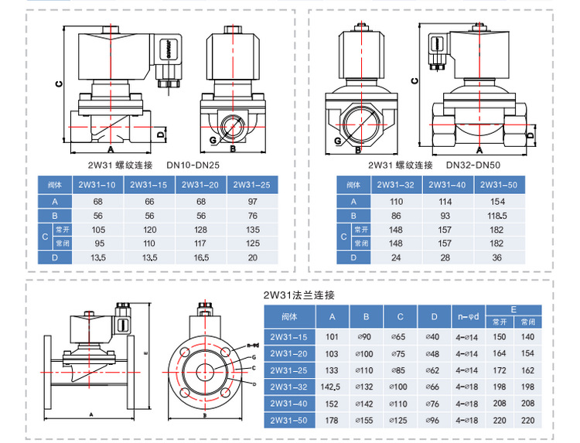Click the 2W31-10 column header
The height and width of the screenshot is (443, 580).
click(98, 186)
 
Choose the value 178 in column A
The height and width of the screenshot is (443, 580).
click(333, 421)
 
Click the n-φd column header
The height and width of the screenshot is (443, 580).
click(468, 317)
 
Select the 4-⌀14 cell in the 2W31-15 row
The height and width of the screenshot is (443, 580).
click(468, 336)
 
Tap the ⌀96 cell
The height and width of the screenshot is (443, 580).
click(434, 421)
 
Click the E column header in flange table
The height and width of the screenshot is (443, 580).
click(514, 308)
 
